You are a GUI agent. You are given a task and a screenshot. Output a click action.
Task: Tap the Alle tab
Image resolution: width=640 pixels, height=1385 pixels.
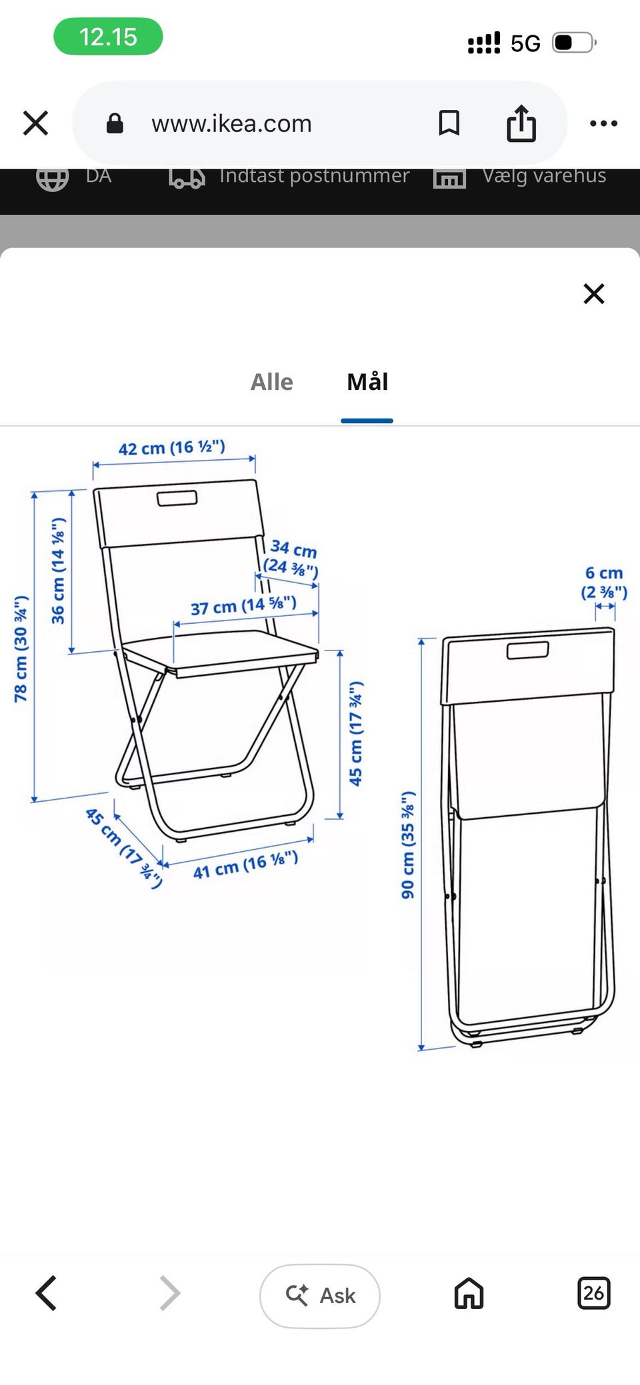271,382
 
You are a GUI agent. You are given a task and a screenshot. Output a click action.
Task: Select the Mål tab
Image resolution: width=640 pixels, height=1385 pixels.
367,382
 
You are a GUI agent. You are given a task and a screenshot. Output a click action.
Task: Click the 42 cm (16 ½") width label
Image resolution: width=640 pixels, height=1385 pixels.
172,447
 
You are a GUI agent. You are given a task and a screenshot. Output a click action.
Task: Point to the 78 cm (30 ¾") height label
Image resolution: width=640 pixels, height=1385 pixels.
21,649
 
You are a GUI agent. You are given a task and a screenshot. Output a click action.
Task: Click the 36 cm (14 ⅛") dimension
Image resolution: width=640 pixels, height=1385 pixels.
59,571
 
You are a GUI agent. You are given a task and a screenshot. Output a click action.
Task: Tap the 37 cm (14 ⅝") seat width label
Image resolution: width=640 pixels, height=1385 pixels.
243,606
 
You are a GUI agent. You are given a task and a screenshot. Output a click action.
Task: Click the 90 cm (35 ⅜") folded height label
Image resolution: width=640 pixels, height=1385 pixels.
408,844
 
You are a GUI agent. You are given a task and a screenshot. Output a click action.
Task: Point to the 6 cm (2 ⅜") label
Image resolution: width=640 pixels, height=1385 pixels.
604,583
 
